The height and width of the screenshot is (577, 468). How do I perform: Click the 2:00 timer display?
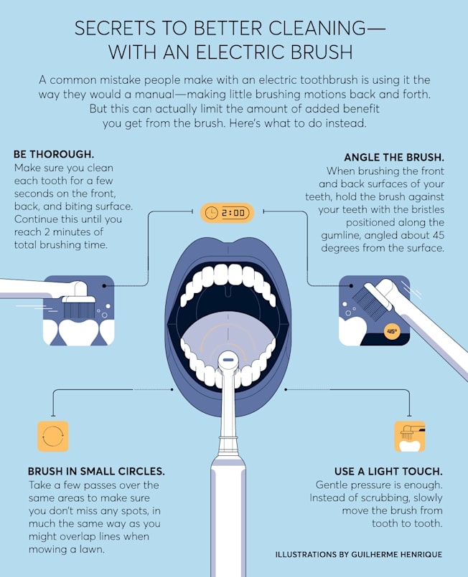pos(227,213)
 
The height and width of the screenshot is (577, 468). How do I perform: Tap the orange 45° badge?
pos(392,332)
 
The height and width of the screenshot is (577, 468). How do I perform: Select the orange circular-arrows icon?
pos(53,436)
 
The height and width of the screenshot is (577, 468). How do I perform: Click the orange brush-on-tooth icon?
pos(410,436)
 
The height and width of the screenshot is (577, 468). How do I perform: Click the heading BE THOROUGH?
pos(54,154)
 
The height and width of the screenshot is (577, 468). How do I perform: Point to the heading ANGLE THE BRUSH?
pos(394,158)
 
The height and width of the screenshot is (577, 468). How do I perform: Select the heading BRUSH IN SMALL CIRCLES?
pos(96,472)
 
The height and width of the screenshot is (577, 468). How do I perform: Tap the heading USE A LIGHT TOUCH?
pos(388,472)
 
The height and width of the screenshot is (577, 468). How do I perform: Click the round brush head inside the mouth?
pos(228,360)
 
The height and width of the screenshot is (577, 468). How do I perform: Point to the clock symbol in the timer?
pos(211,213)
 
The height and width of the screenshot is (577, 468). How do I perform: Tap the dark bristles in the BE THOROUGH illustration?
pos(79,310)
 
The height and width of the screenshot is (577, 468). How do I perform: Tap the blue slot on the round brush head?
pos(228,360)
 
